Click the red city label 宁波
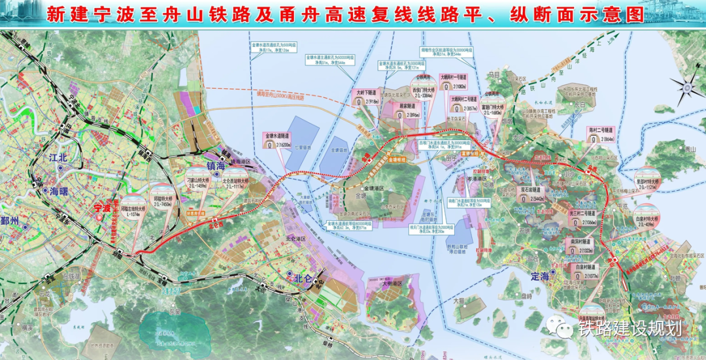tap(102, 208)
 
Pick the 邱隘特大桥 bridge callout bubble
tap(163, 195)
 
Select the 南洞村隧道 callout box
tap(579, 245)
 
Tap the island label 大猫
tap(470, 301)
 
